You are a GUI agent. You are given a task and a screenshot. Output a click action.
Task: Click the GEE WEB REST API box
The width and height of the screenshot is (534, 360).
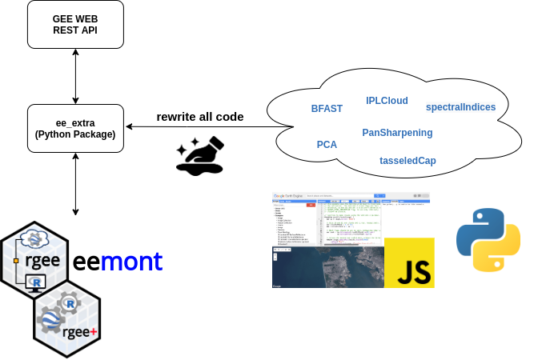coord(76,24)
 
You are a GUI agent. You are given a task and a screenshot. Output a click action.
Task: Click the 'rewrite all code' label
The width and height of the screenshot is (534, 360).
coord(200,117)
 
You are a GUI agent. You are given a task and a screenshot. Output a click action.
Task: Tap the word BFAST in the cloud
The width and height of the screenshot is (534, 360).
coord(327,108)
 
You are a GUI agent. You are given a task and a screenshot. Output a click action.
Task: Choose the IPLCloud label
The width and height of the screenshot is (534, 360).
coord(387,101)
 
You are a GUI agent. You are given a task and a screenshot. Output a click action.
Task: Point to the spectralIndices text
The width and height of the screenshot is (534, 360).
coord(460,107)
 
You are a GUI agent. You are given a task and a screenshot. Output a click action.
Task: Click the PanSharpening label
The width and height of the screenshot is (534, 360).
coord(397,132)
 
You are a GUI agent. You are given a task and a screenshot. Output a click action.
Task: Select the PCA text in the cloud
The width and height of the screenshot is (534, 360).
coord(327,145)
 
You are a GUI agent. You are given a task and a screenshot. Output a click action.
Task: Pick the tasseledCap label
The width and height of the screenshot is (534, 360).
coord(408,160)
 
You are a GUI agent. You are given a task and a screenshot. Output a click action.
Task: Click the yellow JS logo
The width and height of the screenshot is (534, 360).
coord(409,262)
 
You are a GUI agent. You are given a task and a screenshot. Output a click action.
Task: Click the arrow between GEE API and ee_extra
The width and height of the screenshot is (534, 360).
coord(76,75)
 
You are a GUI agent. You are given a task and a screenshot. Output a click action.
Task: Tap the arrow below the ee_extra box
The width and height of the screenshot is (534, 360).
coord(76,184)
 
